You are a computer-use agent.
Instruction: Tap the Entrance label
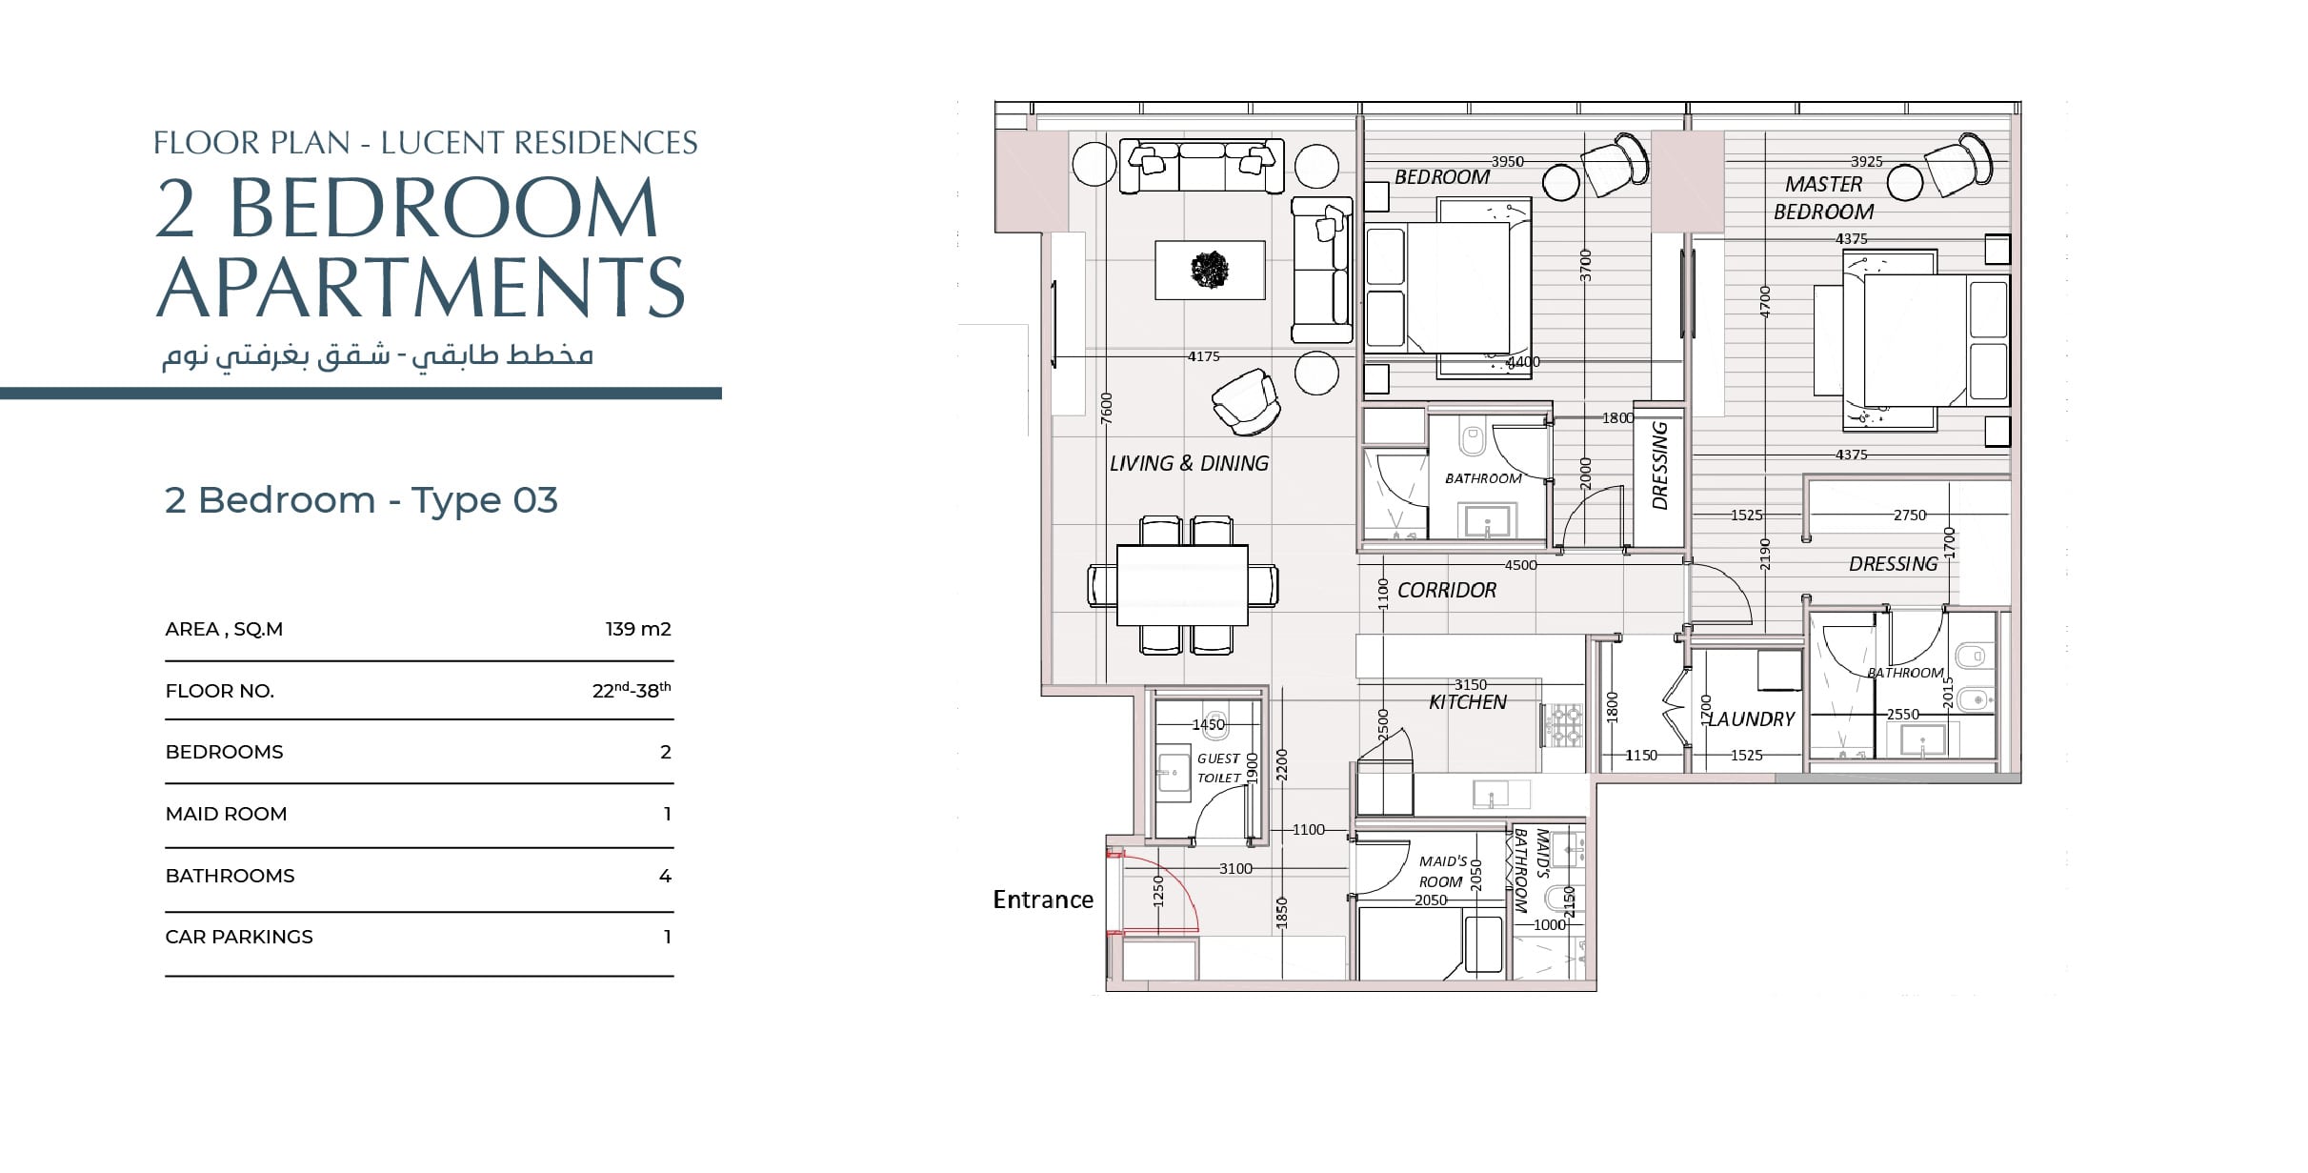(x=1043, y=900)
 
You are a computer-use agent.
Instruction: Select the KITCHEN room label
(x=1468, y=702)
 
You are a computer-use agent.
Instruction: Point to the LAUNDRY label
(x=1751, y=719)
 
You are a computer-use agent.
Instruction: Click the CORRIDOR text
(x=1447, y=591)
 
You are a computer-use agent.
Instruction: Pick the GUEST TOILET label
(x=1219, y=768)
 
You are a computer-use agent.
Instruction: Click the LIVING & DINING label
(x=1189, y=463)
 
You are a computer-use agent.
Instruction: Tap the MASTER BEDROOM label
(x=1823, y=198)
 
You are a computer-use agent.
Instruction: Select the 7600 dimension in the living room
(x=1106, y=408)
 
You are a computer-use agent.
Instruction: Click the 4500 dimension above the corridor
(x=1520, y=565)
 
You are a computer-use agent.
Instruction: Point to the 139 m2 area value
(x=638, y=629)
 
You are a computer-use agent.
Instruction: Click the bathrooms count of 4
(x=665, y=876)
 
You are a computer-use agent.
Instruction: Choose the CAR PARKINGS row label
(x=239, y=937)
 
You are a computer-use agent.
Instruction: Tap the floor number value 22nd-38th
(x=632, y=690)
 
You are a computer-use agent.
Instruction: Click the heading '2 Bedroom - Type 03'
(x=361, y=500)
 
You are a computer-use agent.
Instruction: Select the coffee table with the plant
(x=1211, y=270)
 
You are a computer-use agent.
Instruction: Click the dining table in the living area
(x=1182, y=585)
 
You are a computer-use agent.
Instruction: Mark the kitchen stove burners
(x=1562, y=724)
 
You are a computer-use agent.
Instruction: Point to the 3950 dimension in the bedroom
(x=1507, y=162)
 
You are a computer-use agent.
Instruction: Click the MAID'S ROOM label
(x=1442, y=872)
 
